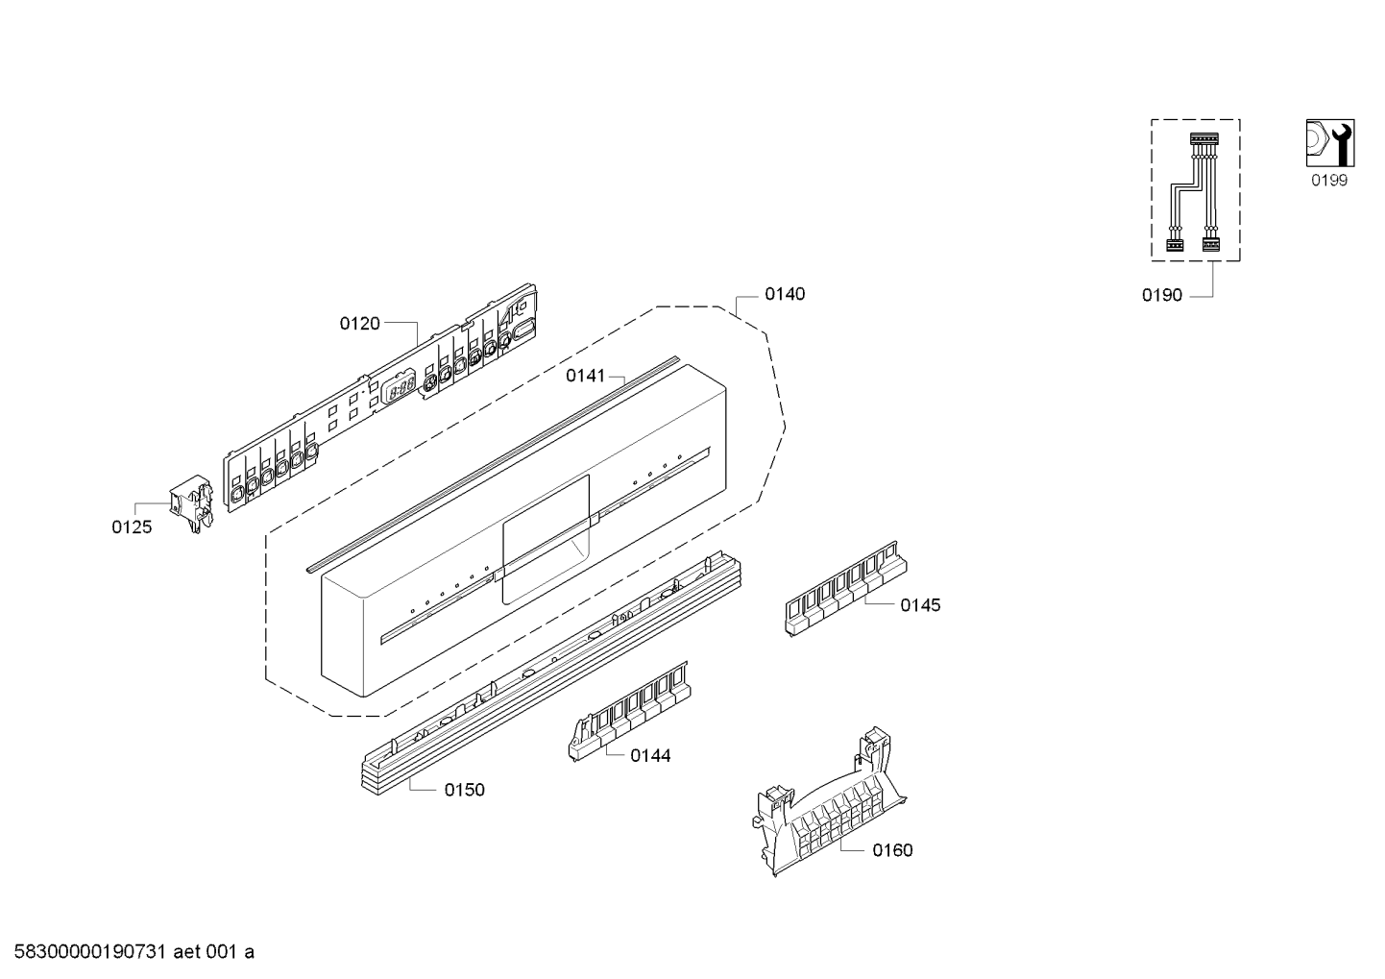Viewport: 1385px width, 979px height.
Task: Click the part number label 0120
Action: tap(359, 324)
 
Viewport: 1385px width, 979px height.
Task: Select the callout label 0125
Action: tap(132, 526)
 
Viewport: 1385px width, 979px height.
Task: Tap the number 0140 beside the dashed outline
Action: tap(785, 294)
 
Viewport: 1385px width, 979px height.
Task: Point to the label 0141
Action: tap(586, 376)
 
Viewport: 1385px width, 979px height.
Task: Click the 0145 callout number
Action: tap(920, 605)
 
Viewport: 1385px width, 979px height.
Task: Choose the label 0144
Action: tap(650, 756)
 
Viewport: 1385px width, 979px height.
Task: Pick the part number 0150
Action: tap(464, 790)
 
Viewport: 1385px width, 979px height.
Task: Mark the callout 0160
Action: tap(892, 850)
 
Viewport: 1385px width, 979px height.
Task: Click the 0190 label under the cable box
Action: tap(1162, 296)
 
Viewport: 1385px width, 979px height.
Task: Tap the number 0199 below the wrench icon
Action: tap(1329, 180)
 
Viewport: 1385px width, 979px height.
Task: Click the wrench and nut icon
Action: tap(1330, 143)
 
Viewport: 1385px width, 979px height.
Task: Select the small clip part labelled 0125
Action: tap(192, 502)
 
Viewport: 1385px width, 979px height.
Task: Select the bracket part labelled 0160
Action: tap(829, 801)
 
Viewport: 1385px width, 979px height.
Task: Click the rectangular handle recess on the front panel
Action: tap(546, 540)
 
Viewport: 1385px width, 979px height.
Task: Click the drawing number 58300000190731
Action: tap(90, 952)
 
